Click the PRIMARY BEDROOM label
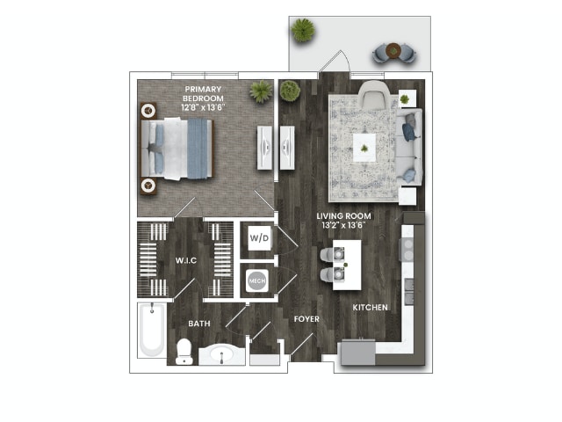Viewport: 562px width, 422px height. click(203, 93)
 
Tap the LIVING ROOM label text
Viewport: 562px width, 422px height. click(344, 215)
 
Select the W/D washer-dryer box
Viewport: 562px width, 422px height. click(258, 238)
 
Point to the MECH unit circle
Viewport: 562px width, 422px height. click(257, 281)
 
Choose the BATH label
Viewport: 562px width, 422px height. click(198, 324)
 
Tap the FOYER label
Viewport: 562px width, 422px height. click(306, 318)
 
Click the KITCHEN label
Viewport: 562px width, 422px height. click(371, 308)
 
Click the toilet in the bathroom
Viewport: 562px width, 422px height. click(184, 351)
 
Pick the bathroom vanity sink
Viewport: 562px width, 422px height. click(221, 356)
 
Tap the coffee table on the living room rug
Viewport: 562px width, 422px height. click(364, 147)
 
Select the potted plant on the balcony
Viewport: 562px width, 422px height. click(303, 30)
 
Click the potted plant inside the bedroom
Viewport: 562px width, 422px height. click(260, 91)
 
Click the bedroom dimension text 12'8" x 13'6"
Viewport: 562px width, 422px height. click(203, 106)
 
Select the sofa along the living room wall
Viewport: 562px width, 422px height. click(408, 146)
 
